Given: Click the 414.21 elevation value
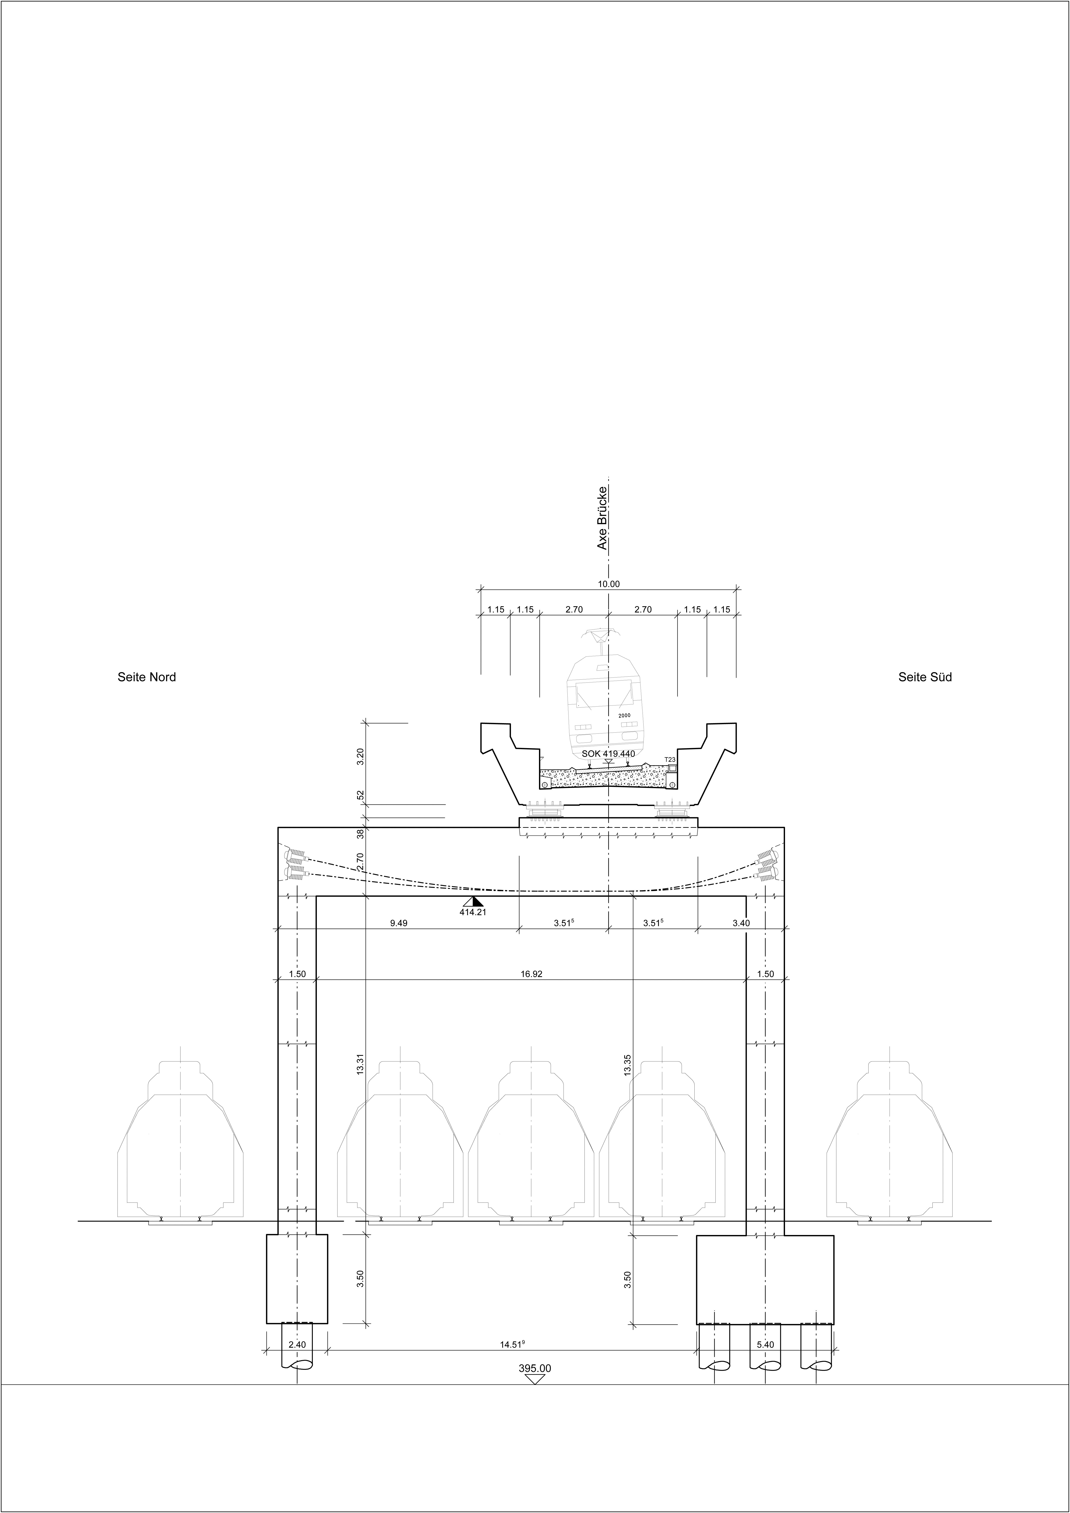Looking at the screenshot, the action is [472, 913].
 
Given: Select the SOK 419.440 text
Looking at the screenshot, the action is [608, 754].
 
